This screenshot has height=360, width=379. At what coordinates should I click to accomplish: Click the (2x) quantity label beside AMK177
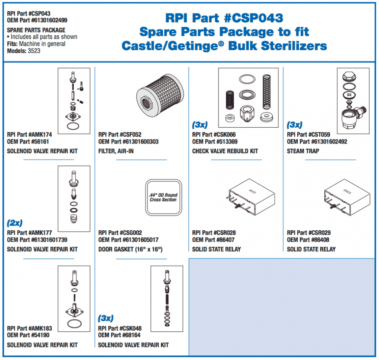coord(15,222)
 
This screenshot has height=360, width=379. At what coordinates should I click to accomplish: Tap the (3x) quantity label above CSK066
coord(200,125)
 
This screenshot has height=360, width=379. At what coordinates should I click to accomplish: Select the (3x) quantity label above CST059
coord(294,125)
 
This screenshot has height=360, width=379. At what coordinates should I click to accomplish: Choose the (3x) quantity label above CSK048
coord(106,318)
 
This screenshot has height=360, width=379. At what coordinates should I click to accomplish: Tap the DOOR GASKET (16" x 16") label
coord(130,249)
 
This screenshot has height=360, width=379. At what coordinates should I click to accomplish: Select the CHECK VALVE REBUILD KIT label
coord(225,151)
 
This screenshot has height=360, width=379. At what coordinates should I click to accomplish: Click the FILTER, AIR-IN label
coord(116,151)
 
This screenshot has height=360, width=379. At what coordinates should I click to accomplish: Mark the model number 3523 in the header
coord(34,51)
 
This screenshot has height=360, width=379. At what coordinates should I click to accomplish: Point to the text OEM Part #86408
coord(308,240)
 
